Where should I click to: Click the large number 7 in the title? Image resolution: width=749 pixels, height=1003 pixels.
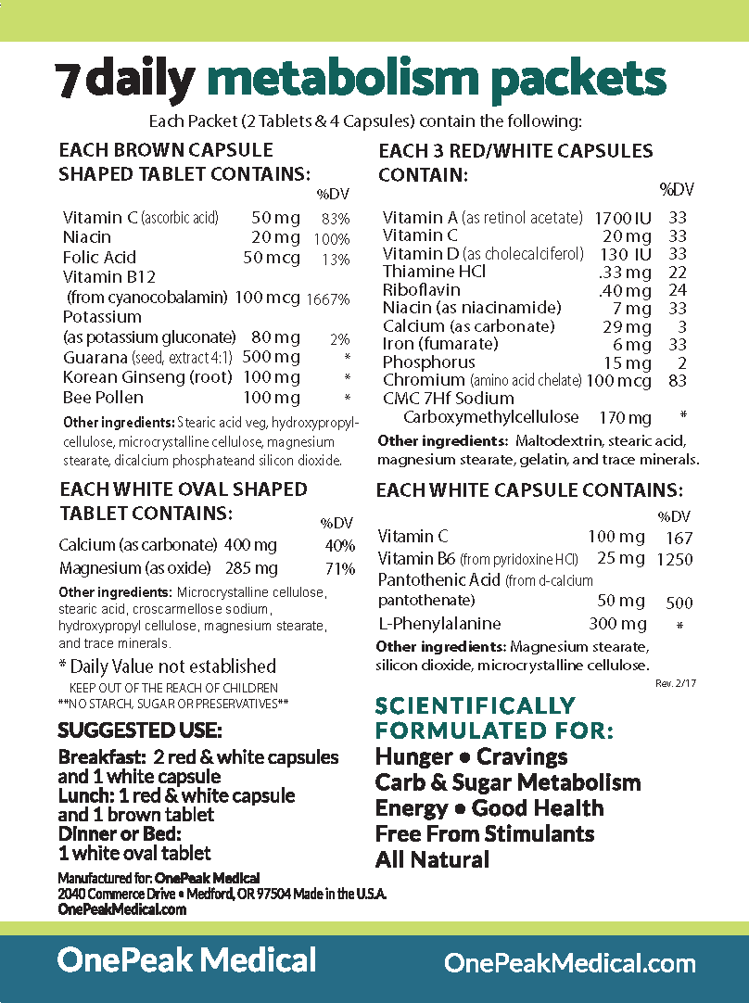tap(68, 82)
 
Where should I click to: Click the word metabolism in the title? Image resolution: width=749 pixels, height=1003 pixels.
tap(343, 80)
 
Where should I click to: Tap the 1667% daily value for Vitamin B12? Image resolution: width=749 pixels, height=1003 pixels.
tap(330, 299)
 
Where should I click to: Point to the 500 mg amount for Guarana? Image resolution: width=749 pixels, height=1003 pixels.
tap(271, 358)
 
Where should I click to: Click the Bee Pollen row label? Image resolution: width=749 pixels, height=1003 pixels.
tap(103, 398)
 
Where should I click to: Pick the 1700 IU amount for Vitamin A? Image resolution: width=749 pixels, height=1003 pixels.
tap(623, 218)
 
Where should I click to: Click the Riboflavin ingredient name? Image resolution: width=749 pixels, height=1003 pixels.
tap(416, 289)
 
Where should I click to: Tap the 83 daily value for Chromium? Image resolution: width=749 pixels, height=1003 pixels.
tap(677, 380)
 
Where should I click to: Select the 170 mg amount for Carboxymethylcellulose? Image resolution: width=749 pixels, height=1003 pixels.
tap(626, 418)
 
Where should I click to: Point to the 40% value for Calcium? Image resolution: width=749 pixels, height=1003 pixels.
tap(340, 546)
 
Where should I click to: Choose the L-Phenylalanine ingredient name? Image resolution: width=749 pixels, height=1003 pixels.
tap(439, 624)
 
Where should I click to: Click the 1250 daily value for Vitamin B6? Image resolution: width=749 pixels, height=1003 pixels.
tap(674, 560)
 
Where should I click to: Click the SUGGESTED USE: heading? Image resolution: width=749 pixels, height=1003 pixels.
tap(140, 730)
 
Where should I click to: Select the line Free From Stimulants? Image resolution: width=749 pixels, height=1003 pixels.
tap(485, 833)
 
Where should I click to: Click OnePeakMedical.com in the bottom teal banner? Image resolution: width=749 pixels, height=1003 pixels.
tap(570, 963)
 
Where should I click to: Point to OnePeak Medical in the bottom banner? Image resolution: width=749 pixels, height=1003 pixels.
tap(186, 959)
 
